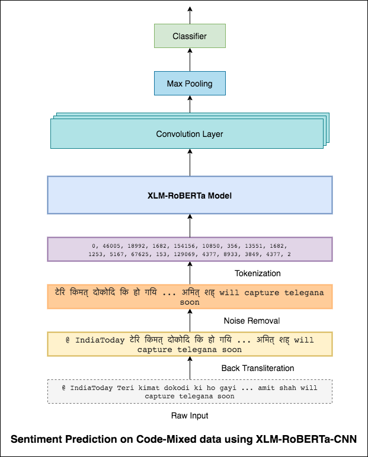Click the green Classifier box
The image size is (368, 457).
(x=190, y=36)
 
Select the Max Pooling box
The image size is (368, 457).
(x=190, y=84)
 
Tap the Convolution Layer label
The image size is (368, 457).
(x=190, y=134)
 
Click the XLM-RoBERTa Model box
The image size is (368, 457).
(x=190, y=194)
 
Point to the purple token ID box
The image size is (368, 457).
(x=190, y=250)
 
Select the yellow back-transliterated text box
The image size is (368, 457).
(x=190, y=344)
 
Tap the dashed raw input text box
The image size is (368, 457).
(x=190, y=392)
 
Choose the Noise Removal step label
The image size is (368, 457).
(x=251, y=321)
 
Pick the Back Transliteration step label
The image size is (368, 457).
(x=257, y=368)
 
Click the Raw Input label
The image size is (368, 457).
(x=190, y=416)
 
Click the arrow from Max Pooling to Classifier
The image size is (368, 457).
(x=190, y=60)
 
